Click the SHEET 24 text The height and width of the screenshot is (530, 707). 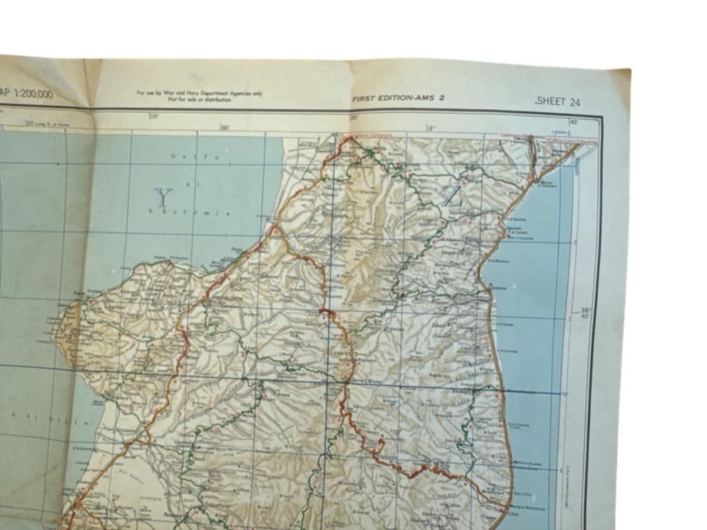point(558,102)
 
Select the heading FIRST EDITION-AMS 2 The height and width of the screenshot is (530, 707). point(398,99)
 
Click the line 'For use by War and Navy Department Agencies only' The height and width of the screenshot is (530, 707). point(199,93)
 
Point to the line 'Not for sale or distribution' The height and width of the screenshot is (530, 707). point(199,99)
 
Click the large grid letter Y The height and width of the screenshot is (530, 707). point(163,198)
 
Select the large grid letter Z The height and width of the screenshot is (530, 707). point(452,197)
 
